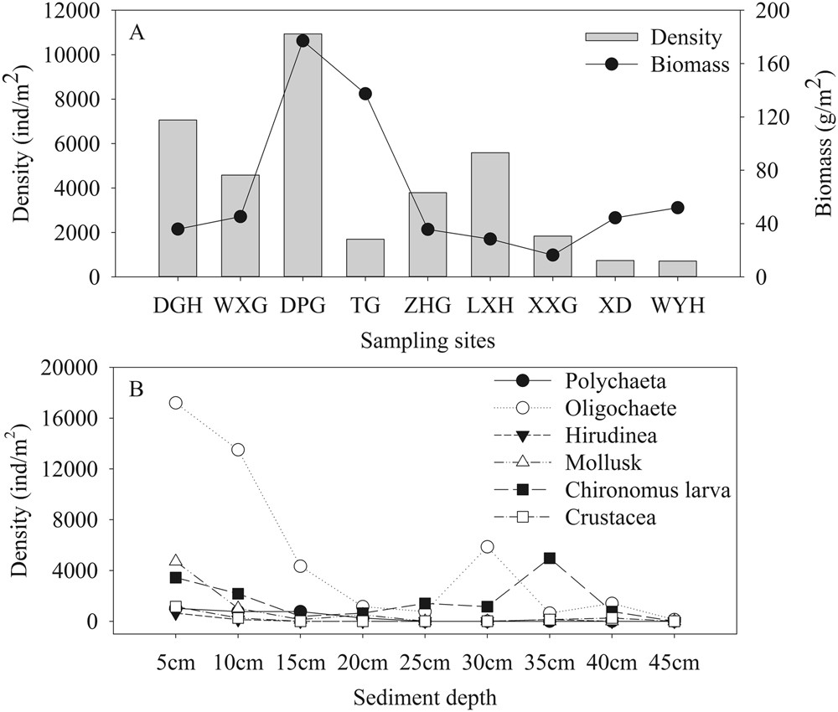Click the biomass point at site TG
click(x=365, y=94)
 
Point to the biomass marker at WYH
click(x=678, y=208)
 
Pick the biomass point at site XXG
click(x=553, y=255)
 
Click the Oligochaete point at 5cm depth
click(x=176, y=403)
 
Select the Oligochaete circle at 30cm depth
click(x=487, y=547)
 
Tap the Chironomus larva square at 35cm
click(x=550, y=558)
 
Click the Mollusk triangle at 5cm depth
click(x=176, y=560)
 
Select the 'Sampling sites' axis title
click(x=427, y=341)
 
